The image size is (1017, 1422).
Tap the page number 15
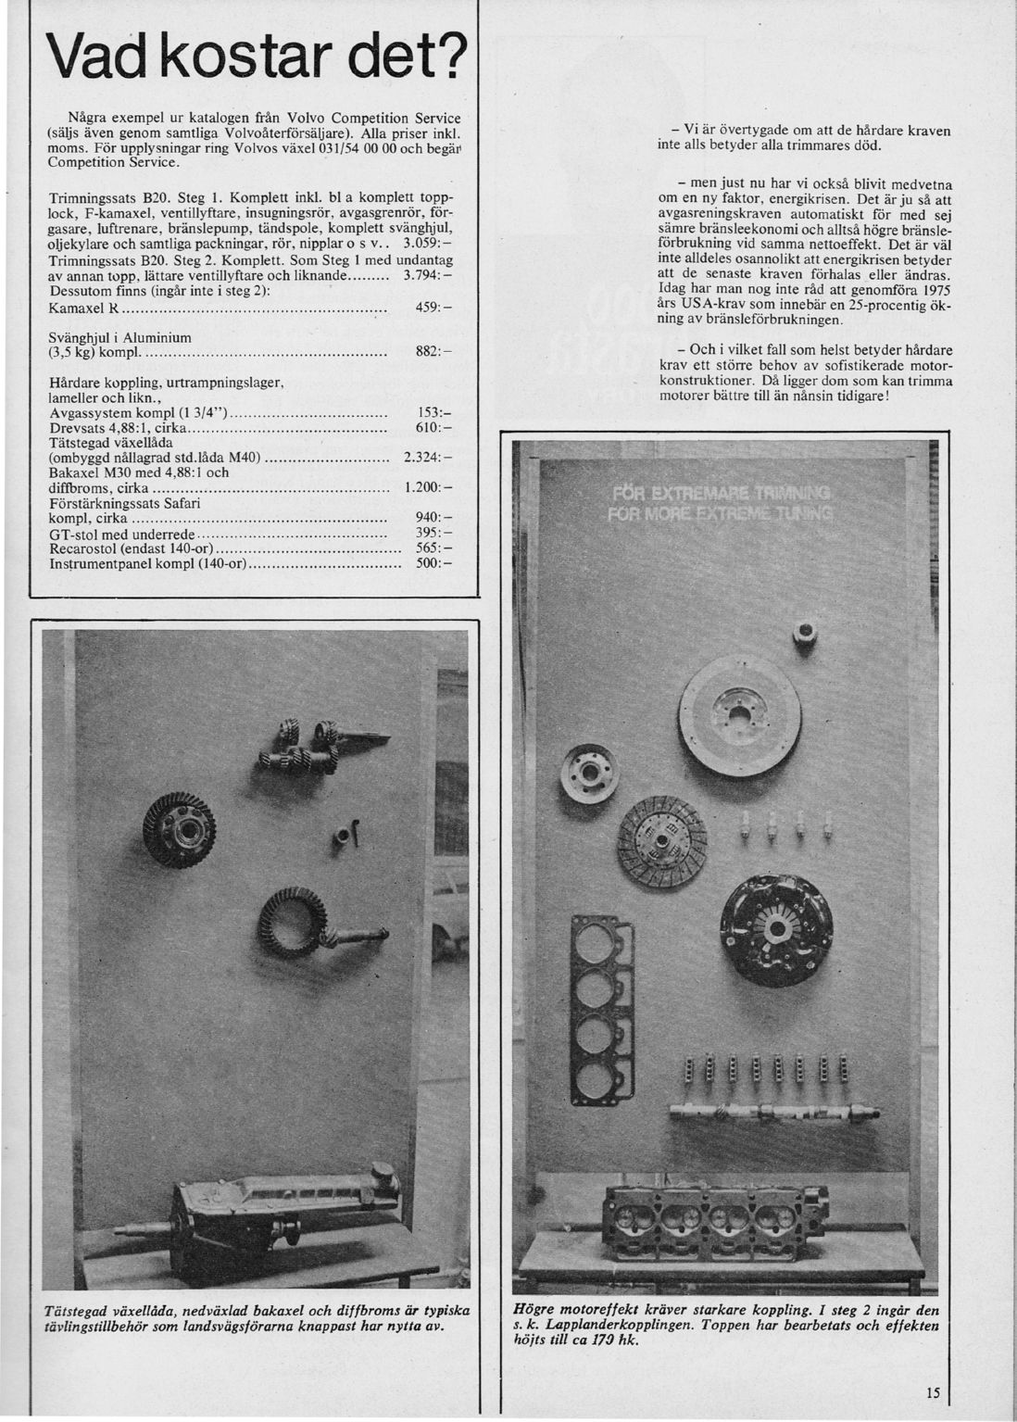pyautogui.click(x=931, y=1392)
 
